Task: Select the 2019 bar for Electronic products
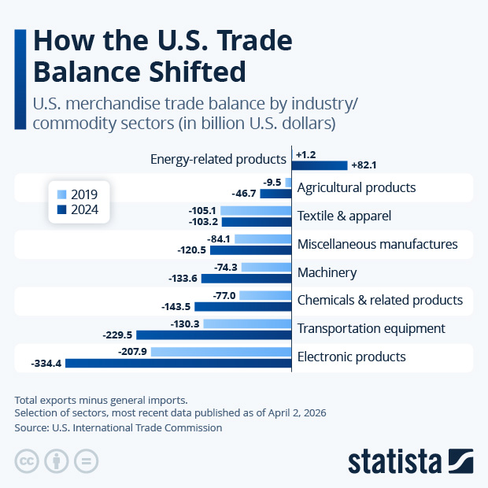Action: (x=221, y=352)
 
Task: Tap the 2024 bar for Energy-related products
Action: (x=320, y=165)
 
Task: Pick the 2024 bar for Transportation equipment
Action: (x=214, y=335)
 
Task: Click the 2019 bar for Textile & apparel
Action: (x=257, y=211)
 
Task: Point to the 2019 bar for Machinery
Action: (x=267, y=267)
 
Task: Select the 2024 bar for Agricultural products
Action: (x=276, y=194)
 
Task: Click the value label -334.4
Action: (x=46, y=363)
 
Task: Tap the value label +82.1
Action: (x=364, y=165)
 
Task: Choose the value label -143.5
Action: (x=185, y=306)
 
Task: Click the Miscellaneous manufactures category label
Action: (x=377, y=244)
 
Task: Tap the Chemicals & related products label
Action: (x=379, y=300)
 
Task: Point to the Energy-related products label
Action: (x=218, y=160)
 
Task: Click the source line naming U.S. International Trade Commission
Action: (x=118, y=428)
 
